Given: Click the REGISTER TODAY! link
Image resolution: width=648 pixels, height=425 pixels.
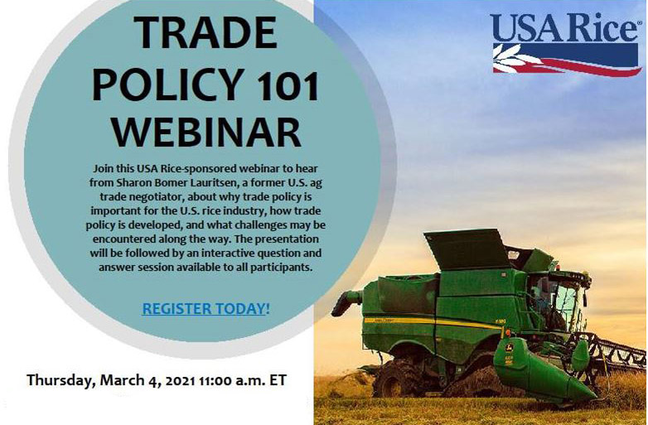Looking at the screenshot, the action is [x=206, y=309].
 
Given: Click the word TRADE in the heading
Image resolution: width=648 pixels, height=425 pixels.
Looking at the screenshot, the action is [x=205, y=32].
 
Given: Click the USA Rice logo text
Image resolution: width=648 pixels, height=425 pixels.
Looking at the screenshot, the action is [x=563, y=27].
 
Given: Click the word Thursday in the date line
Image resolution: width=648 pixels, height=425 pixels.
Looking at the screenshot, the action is [x=61, y=380].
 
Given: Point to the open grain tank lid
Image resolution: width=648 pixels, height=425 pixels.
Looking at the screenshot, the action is [x=467, y=249].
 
